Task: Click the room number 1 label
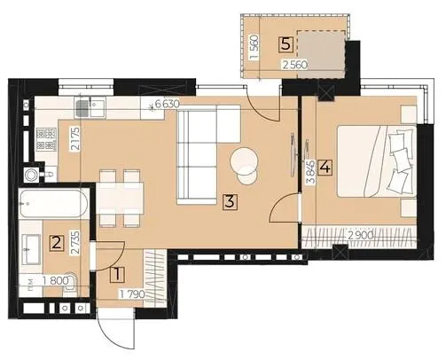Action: pos(117,275)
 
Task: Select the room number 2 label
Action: pos(57,244)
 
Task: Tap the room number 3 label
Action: pos(230,202)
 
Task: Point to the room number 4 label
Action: pos(325,168)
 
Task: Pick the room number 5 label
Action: pos(286,45)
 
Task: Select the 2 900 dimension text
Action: pos(360,236)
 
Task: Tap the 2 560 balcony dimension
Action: pos(295,65)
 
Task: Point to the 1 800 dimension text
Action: pos(55,281)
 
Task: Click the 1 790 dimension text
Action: pos(132,294)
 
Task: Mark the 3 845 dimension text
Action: pos(311,172)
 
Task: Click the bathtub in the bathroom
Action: pos(53,204)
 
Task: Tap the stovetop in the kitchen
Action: pos(46,139)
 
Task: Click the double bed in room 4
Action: pos(377,161)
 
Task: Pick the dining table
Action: pos(121,198)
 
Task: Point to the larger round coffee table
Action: pos(244,160)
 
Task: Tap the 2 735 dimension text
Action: pos(75,243)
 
